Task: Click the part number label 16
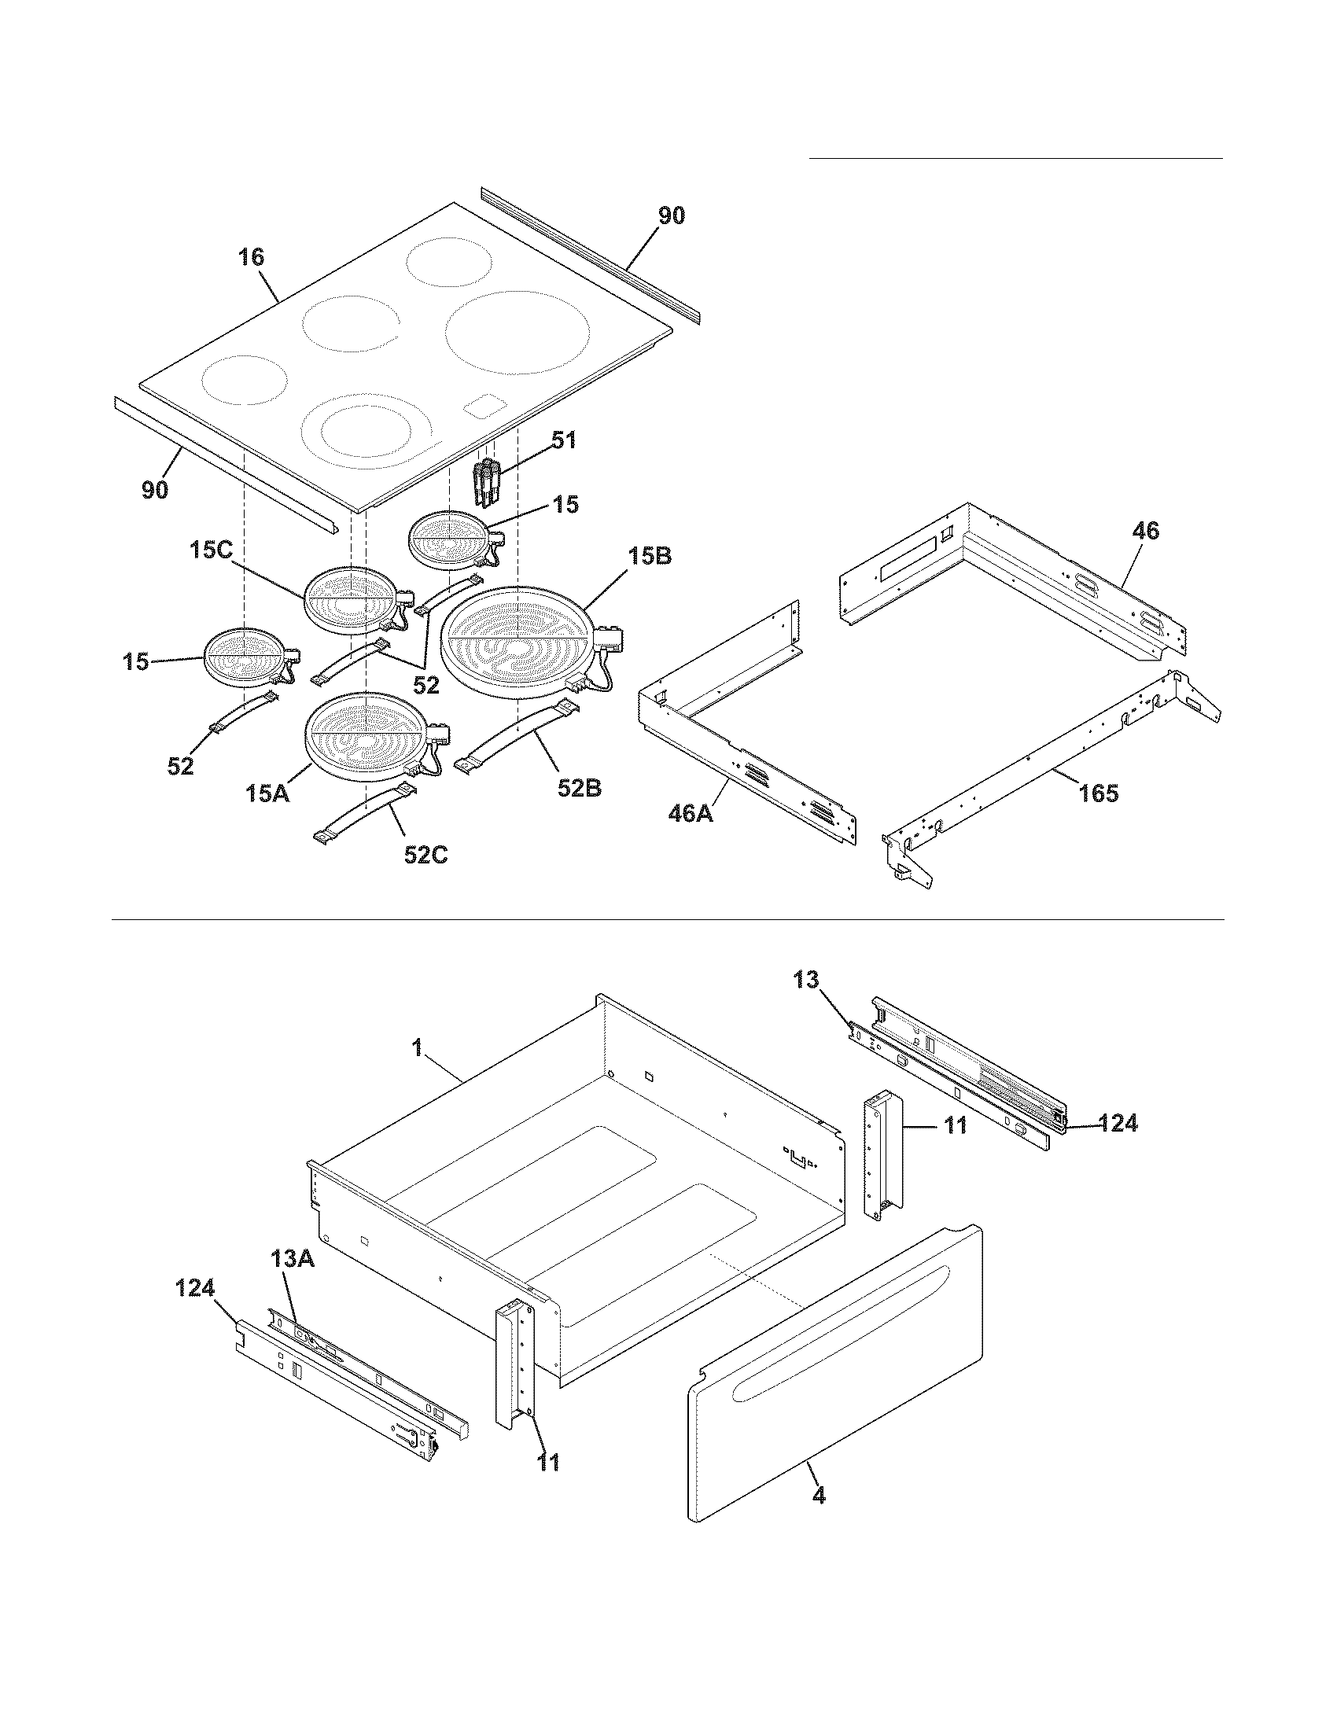tap(251, 257)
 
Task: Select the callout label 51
tap(564, 440)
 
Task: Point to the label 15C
tap(212, 550)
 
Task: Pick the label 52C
tap(425, 855)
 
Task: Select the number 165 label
tap(1099, 792)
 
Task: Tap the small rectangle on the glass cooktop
tap(484, 407)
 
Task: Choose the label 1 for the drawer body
tap(418, 1047)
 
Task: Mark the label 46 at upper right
tap(1145, 531)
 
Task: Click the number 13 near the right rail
tap(806, 979)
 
